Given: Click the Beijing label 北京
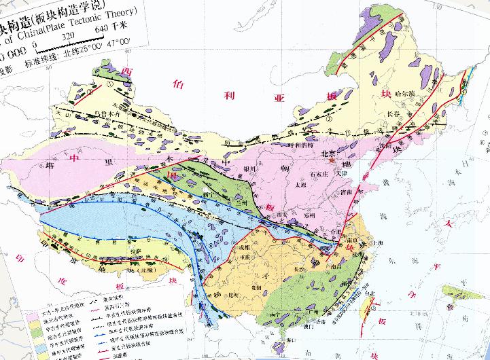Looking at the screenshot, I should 330,156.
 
